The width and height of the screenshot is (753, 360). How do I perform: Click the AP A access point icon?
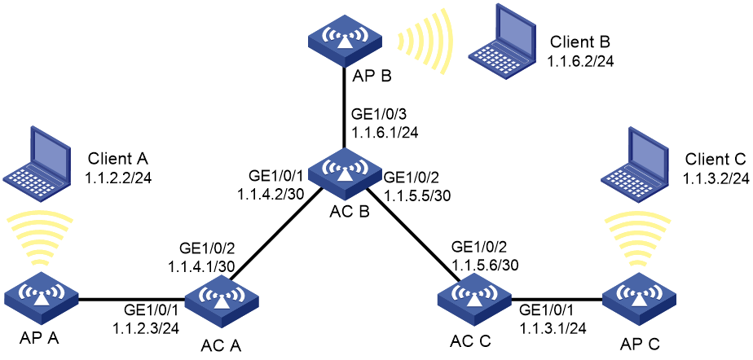(42, 297)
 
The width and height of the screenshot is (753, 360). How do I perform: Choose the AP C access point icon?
(639, 298)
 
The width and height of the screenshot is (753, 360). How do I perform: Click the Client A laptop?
(36, 156)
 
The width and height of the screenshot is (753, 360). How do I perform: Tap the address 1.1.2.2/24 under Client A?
(118, 179)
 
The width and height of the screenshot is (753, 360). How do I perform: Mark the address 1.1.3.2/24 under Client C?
(715, 178)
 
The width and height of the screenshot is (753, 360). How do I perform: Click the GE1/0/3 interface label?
(374, 114)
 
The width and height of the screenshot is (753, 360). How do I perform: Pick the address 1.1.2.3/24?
(146, 328)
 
